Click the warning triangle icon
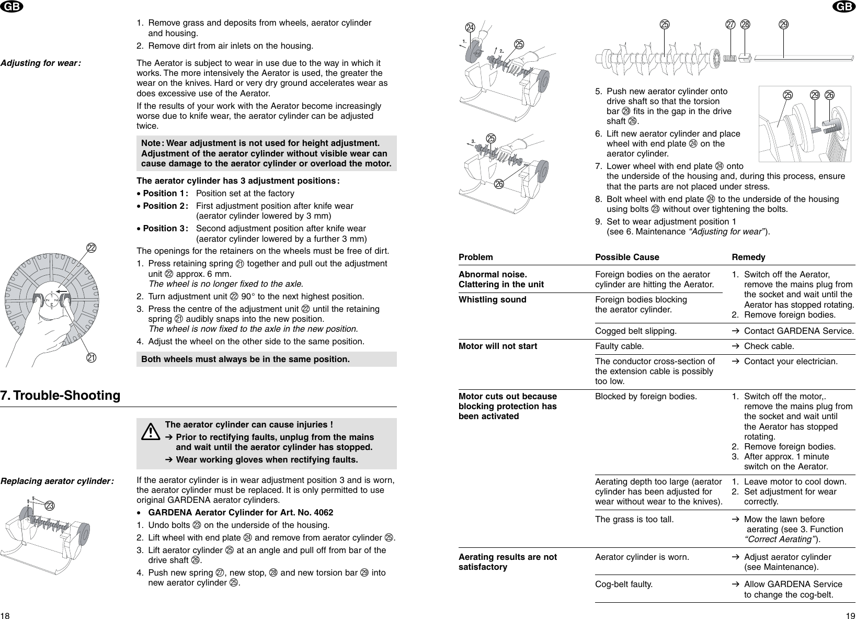tap(150, 432)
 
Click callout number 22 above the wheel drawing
tap(91, 247)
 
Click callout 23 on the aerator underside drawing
tap(50, 505)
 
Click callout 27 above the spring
tap(731, 25)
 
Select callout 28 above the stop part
tap(745, 25)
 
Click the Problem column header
tap(475, 257)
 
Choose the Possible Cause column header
tap(627, 257)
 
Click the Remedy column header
tap(748, 257)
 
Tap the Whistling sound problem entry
tap(492, 300)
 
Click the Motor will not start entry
tap(497, 346)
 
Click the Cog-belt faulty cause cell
tap(624, 584)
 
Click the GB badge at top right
tap(845, 6)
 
